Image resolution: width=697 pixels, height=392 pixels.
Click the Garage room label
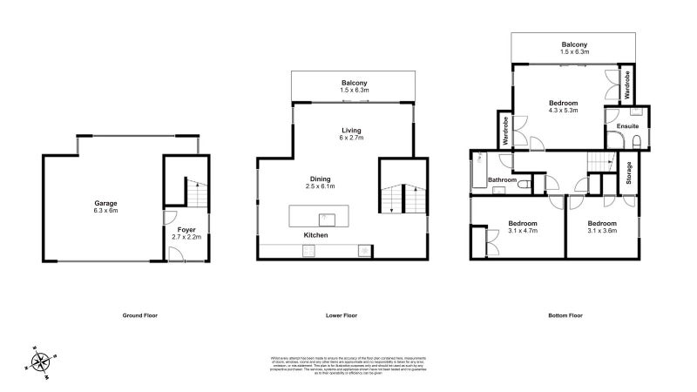point(106,206)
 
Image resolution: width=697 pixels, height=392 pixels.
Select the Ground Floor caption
point(140,314)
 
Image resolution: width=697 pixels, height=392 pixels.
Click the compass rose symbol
point(40,360)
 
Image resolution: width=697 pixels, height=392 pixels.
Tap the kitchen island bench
point(319,215)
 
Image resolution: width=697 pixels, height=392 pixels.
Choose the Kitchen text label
point(315,236)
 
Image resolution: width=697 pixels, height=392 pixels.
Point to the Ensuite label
point(626,127)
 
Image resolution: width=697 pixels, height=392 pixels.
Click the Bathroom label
point(502,180)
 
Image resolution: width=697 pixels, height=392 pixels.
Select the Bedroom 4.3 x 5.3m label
point(564,107)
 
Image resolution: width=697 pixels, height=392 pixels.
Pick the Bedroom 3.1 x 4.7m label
point(523,227)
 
